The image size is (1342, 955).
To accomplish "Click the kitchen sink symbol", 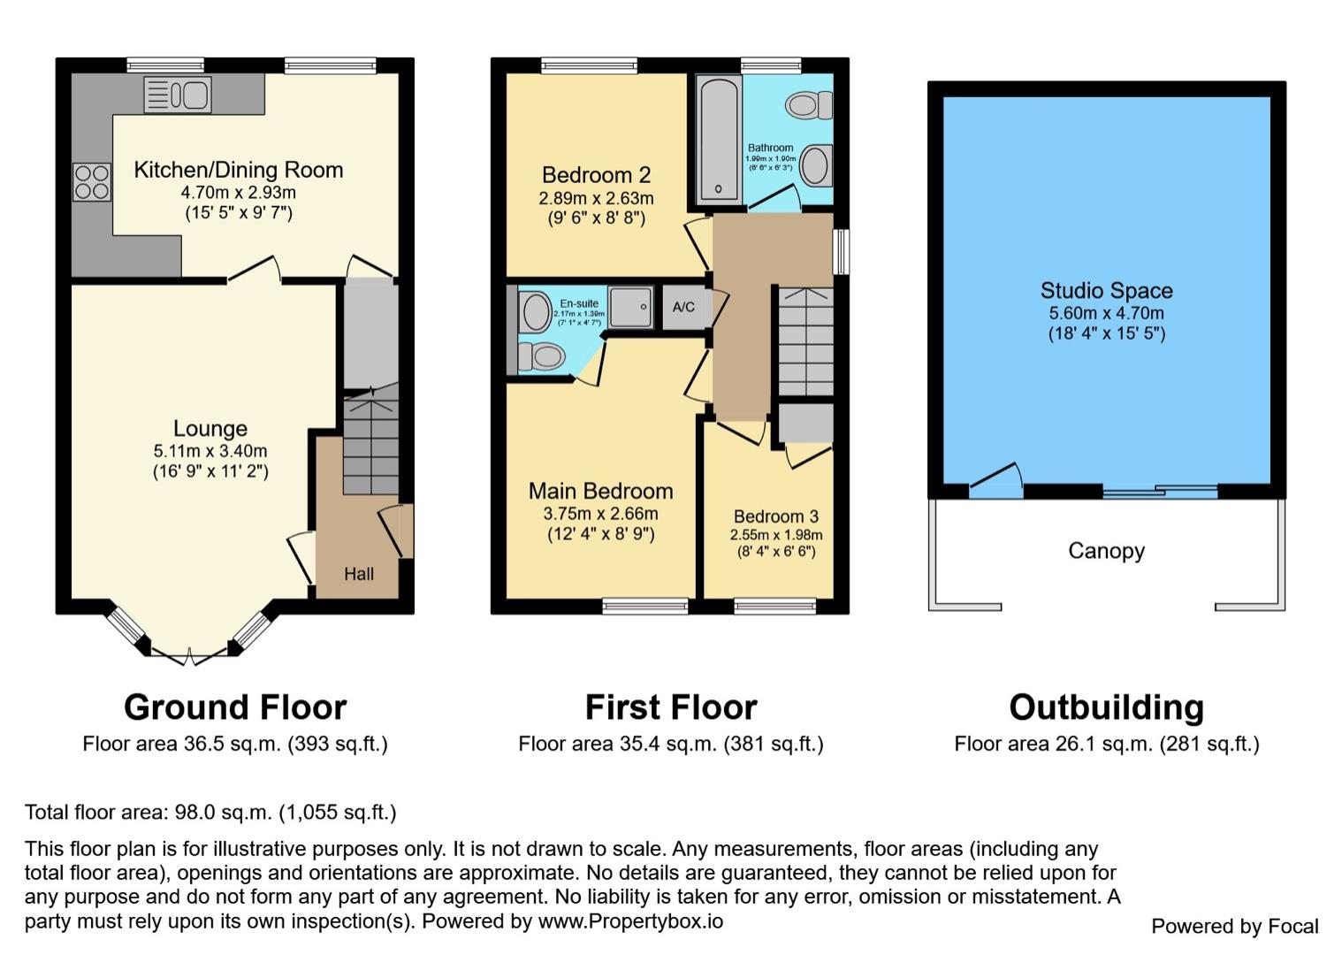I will coord(178,95).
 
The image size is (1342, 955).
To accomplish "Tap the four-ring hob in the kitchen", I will coord(92,182).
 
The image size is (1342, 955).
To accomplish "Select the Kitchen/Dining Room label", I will coord(238,170).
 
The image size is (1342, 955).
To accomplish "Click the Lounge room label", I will coord(210,429).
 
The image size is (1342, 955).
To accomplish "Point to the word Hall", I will coord(358,574).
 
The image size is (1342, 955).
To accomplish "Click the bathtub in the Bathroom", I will coord(718,140).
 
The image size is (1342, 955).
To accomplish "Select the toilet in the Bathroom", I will coord(810,106).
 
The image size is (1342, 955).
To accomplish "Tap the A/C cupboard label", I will coord(683,308).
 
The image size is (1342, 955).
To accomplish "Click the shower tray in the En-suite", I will coord(630,307).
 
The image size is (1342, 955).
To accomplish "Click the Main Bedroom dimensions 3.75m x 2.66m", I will coord(600,514).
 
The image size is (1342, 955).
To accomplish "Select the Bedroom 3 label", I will coord(775,516).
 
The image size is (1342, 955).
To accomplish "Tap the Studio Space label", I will coord(1106,291).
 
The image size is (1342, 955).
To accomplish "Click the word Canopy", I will coord(1106,551).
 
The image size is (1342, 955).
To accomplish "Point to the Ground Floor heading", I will coord(235,707).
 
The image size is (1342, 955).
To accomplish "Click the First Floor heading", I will coord(671,707).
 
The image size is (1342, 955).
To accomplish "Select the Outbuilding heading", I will coord(1106,707).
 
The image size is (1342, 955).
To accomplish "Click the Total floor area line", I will coord(210,812).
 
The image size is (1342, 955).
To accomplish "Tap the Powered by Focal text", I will coord(1234,926).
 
